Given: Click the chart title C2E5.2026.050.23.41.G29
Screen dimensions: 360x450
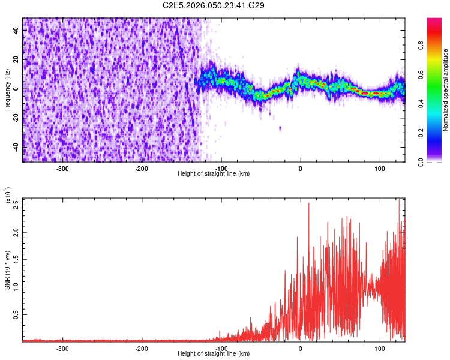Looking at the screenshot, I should pyautogui.click(x=214, y=5).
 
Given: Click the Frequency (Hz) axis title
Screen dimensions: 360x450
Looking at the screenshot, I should pyautogui.click(x=7, y=90).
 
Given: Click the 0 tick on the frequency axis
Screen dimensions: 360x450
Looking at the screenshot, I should pyautogui.click(x=16, y=89).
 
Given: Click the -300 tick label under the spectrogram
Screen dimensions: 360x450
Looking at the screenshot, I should pyautogui.click(x=62, y=169).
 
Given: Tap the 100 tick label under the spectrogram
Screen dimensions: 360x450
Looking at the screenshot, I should pyautogui.click(x=380, y=169).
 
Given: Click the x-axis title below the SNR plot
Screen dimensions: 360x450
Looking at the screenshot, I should pyautogui.click(x=214, y=354).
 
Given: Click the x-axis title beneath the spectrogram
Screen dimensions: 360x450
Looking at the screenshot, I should pyautogui.click(x=214, y=174).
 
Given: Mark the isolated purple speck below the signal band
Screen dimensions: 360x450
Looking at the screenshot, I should pyautogui.click(x=280, y=128).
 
